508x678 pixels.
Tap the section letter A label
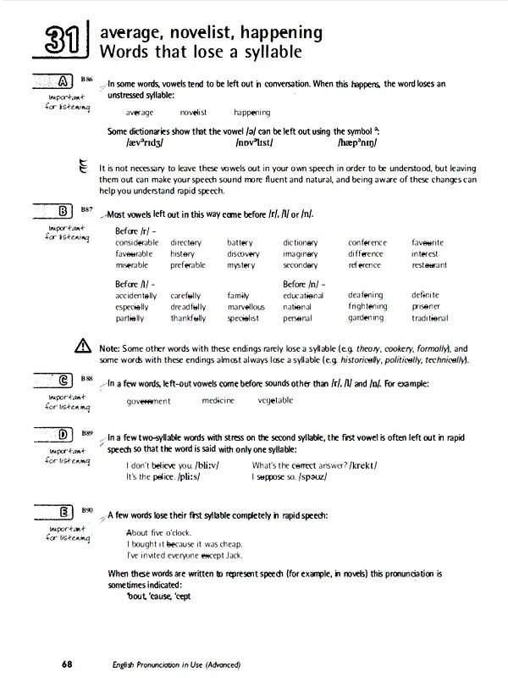click(63, 82)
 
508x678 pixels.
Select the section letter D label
click(63, 436)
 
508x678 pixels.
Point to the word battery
click(240, 243)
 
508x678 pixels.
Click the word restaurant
click(429, 265)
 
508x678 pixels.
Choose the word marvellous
click(246, 307)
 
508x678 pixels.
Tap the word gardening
click(366, 318)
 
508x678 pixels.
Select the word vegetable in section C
click(275, 400)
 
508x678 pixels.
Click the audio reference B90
click(87, 510)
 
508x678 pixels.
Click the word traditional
click(430, 318)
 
